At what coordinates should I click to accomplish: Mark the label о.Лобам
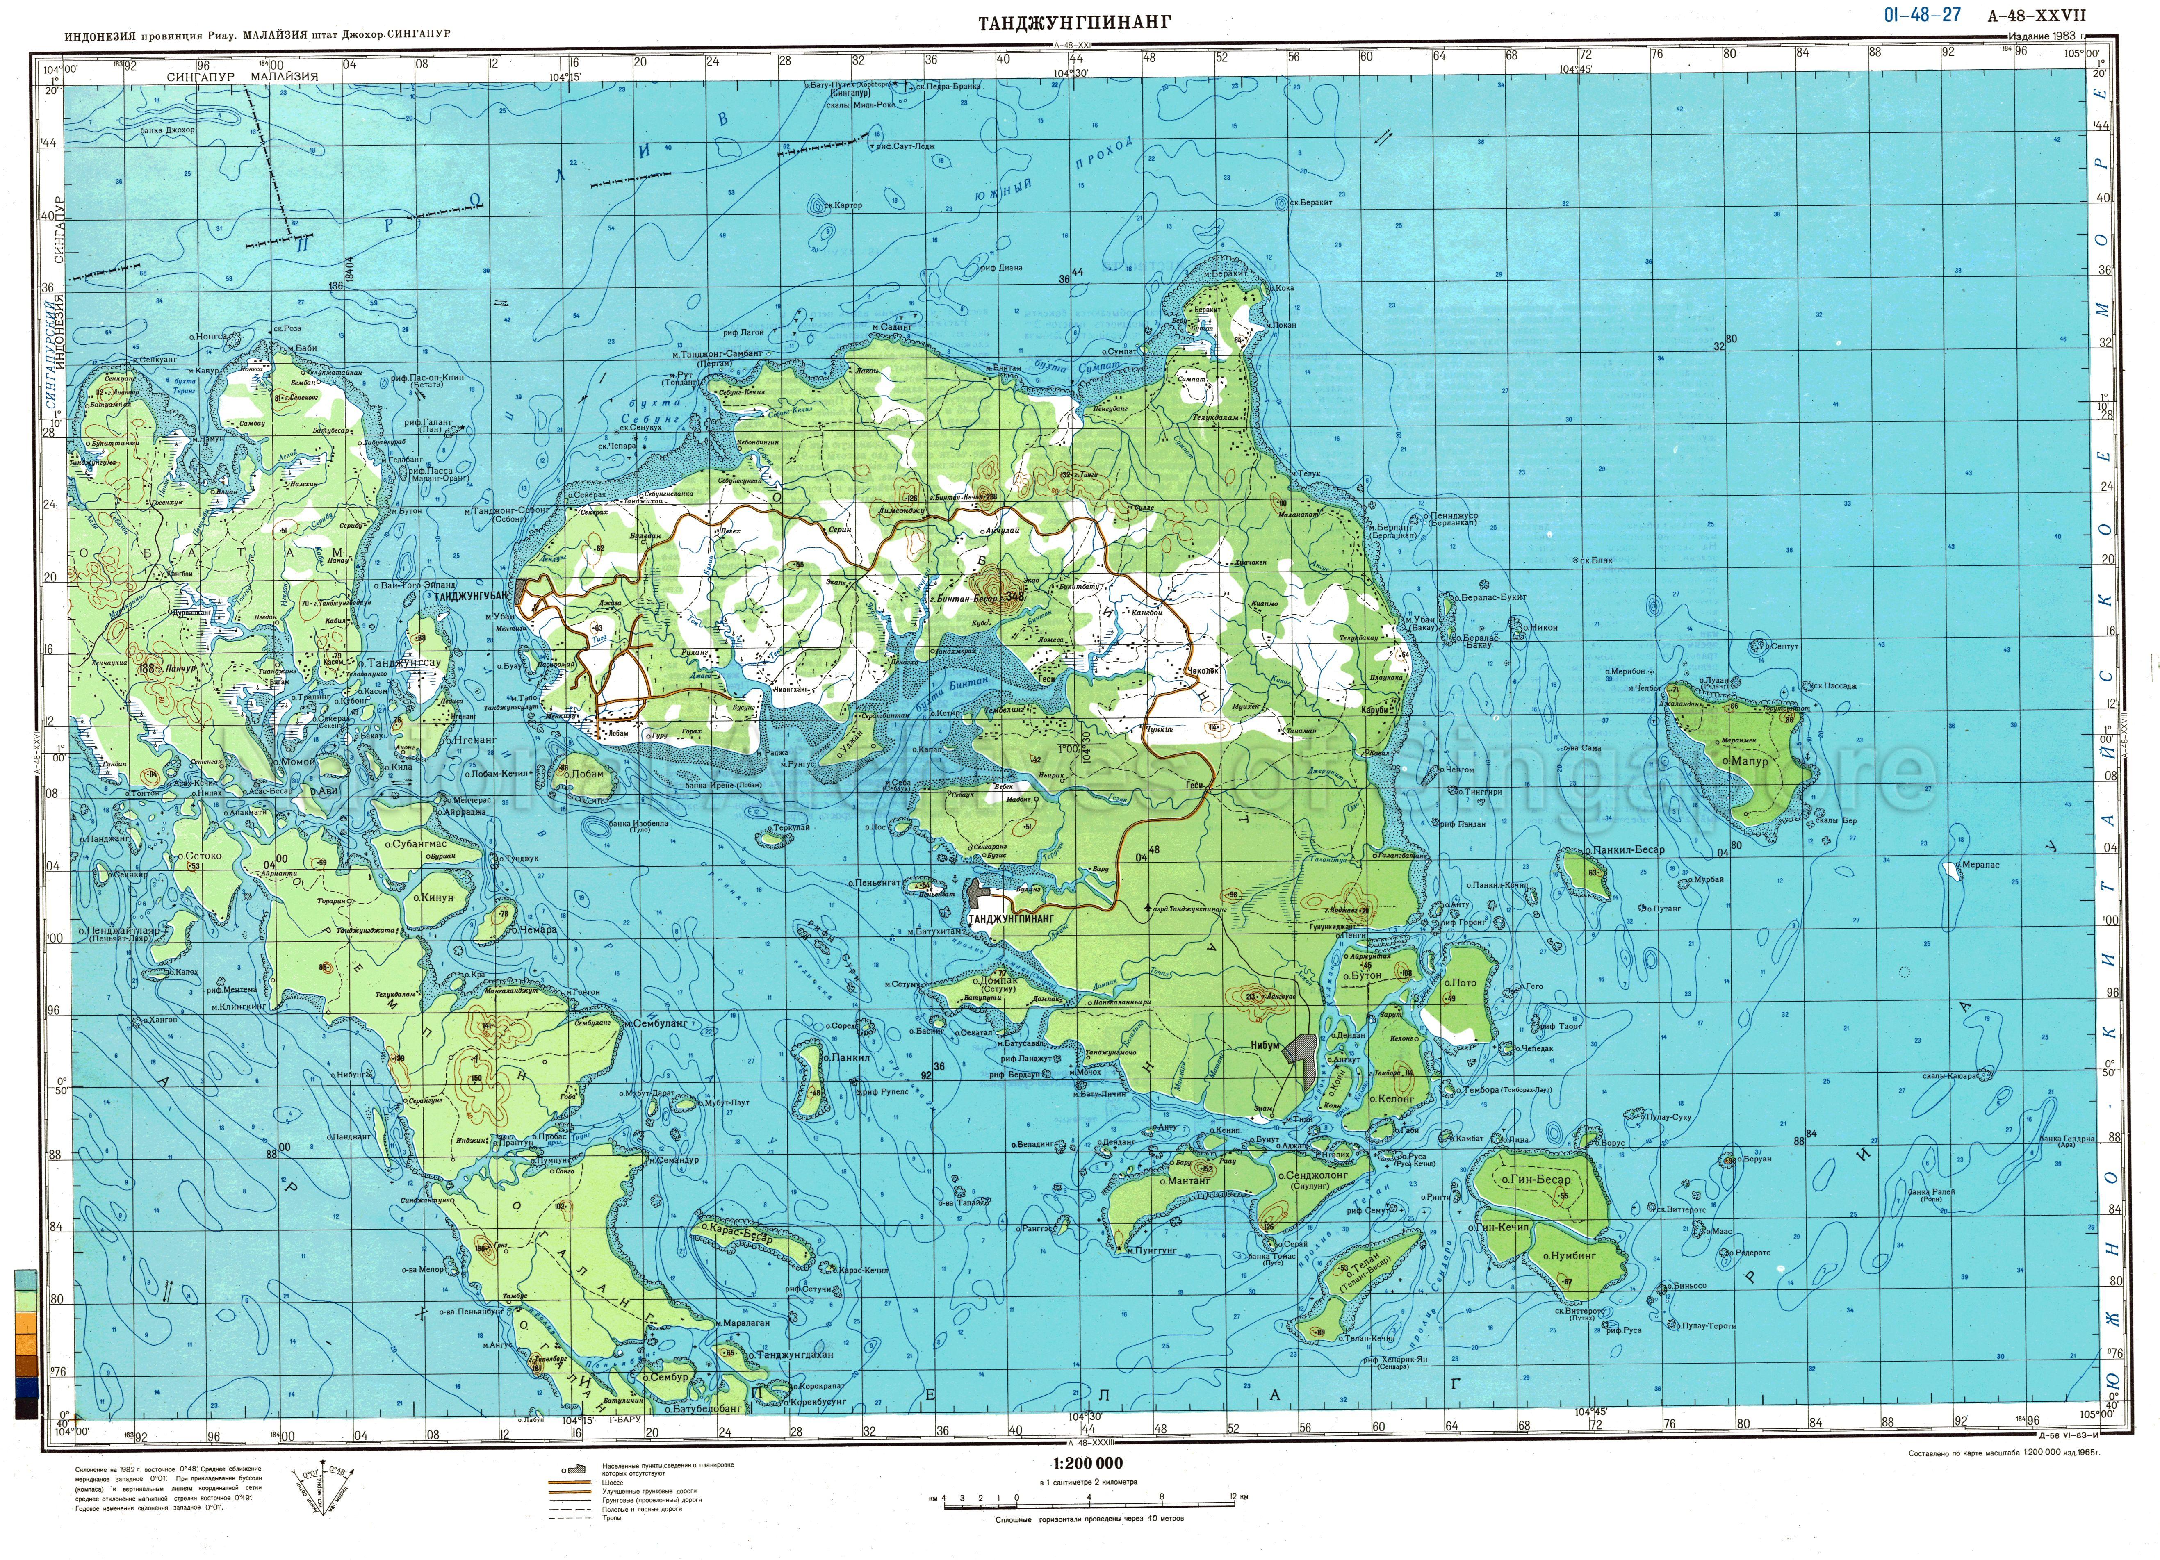tap(583, 773)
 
